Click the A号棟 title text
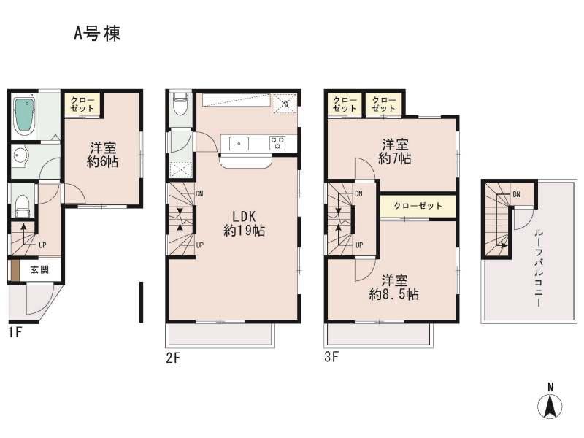pyautogui.click(x=96, y=34)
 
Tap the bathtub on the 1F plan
pyautogui.click(x=24, y=115)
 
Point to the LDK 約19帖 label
pyautogui.click(x=244, y=223)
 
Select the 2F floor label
pyautogui.click(x=172, y=358)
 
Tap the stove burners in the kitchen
pyautogui.click(x=277, y=143)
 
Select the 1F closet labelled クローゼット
pyautogui.click(x=82, y=104)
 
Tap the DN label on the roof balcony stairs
pyautogui.click(x=516, y=194)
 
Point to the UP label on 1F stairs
pyautogui.click(x=42, y=245)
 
